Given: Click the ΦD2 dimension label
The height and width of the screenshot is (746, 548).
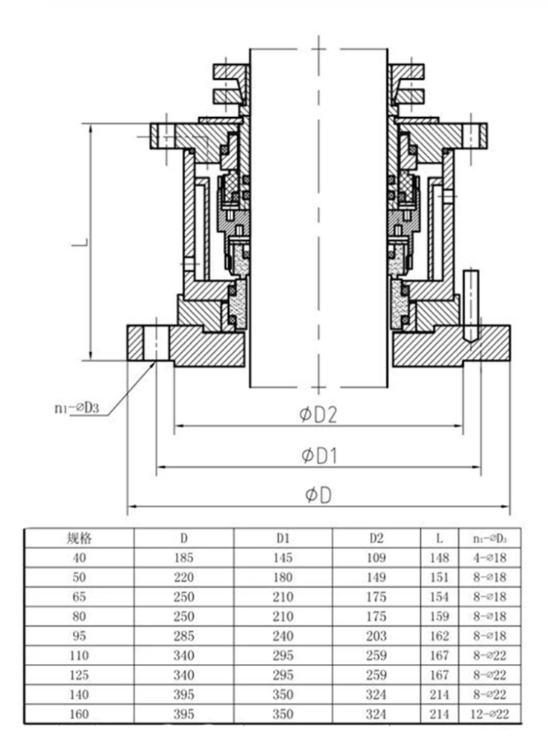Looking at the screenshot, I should click(319, 416).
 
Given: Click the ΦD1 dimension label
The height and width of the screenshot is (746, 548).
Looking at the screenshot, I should click(319, 455).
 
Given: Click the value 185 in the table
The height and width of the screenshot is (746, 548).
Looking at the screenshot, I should click(183, 557).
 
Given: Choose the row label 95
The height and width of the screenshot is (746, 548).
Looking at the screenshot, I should click(80, 636).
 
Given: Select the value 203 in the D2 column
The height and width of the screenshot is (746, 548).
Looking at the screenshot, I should click(377, 636).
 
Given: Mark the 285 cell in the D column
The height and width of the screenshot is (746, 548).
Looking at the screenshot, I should click(183, 636).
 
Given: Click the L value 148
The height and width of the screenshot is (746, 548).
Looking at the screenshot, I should click(440, 557).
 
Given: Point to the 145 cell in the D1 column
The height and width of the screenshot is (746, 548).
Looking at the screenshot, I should click(283, 557).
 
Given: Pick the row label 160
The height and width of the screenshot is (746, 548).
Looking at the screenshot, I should click(80, 714).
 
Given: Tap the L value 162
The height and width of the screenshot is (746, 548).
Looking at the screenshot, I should click(440, 636).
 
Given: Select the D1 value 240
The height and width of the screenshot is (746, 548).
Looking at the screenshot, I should click(283, 636).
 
